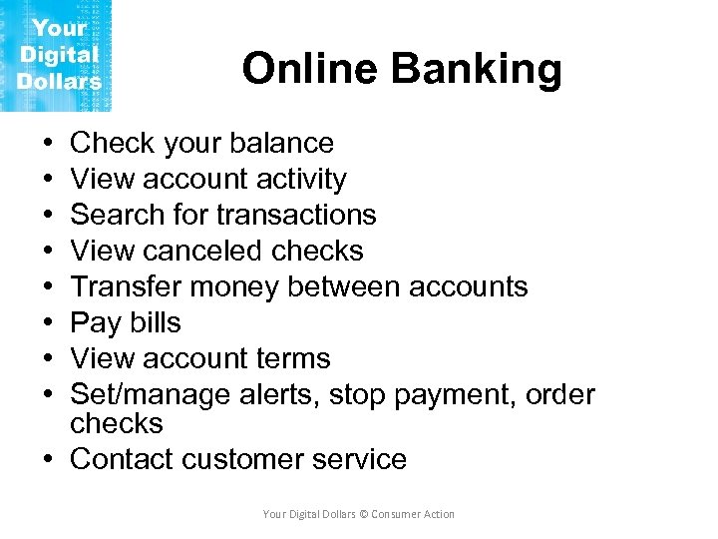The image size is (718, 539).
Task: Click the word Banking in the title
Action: click(477, 69)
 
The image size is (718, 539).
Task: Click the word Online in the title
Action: click(311, 69)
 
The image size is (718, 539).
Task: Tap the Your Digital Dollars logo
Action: click(57, 55)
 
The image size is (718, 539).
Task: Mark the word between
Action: click(342, 287)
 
